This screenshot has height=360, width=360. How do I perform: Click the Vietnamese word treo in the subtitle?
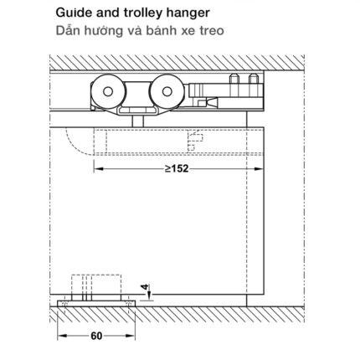click(211, 30)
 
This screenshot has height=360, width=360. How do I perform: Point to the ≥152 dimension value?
click(177, 168)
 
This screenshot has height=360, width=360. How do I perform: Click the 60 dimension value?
click(96, 336)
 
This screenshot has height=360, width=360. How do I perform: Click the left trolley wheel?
click(108, 91)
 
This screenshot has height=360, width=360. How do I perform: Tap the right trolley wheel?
click(167, 91)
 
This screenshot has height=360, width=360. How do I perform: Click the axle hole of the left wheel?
click(108, 91)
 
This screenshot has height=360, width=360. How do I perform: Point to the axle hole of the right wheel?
click(167, 91)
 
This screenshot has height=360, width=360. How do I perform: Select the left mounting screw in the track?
click(234, 80)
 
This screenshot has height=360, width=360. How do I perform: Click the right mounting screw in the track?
click(253, 80)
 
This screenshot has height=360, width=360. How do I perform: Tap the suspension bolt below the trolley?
click(137, 121)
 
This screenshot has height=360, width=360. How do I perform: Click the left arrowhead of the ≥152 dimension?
click(98, 168)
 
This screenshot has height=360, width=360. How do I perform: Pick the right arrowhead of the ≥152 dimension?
click(259, 168)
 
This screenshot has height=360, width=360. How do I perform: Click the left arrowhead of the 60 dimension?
click(62, 336)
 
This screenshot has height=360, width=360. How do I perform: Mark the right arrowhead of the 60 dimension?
click(131, 336)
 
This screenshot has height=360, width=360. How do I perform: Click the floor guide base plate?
click(96, 304)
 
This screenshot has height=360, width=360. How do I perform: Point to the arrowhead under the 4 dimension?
click(149, 296)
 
